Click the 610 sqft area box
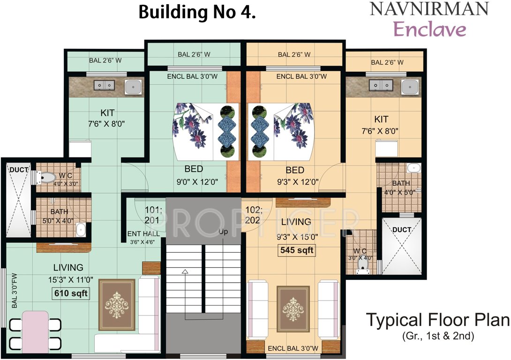pos(70,294)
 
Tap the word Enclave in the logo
pos(430,29)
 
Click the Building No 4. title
pos(197,13)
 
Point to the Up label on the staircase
pos(224,232)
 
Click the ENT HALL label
pos(143,233)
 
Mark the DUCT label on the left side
pos(19,169)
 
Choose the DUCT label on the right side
pos(402,230)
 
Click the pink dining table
pos(35,330)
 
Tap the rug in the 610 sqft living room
pos(116,304)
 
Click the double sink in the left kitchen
pos(104,85)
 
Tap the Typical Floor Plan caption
pos(437,320)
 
